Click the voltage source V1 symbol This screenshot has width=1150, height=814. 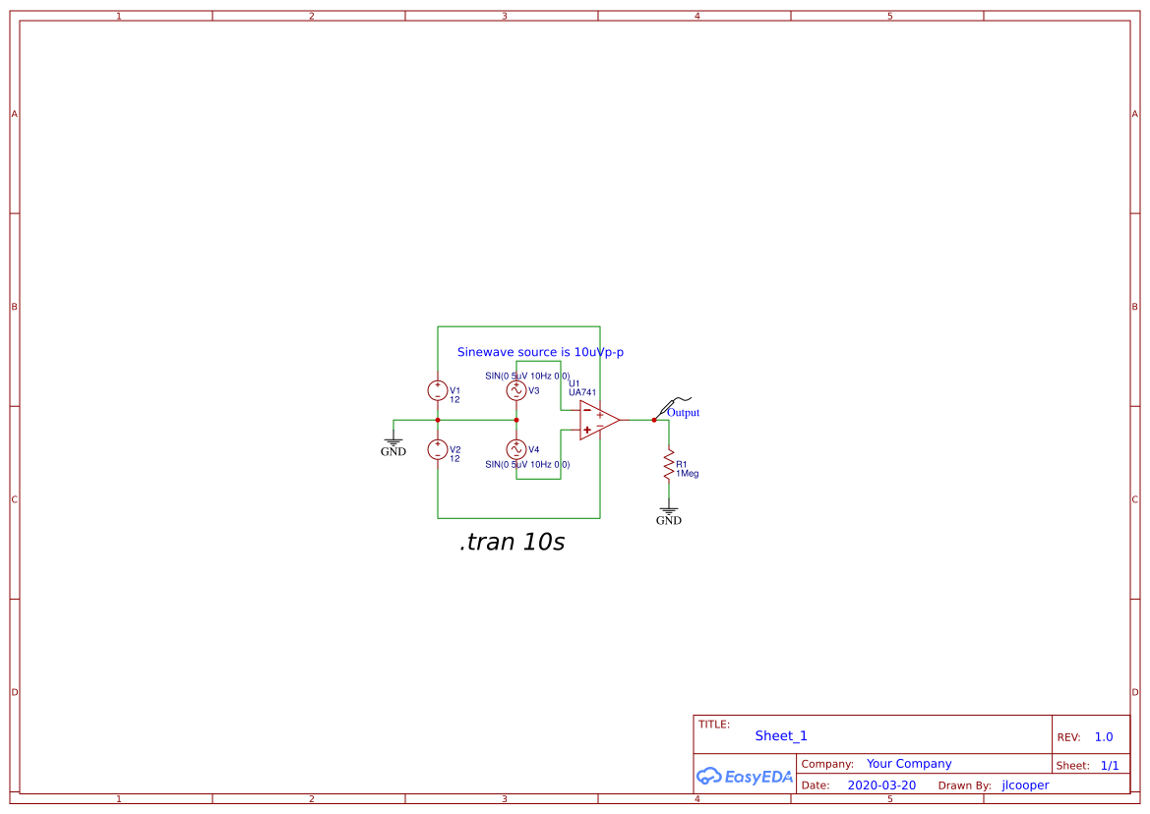coord(438,390)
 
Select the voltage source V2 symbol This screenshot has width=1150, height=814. coord(438,449)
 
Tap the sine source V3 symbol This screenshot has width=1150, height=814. coord(516,390)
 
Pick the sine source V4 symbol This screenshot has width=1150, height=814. coord(516,449)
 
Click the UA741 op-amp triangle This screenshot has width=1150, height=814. coord(597,420)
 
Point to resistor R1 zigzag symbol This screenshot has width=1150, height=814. coord(669,462)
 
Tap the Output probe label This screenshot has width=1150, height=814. coord(683,413)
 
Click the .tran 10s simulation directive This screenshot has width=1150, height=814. coord(512,542)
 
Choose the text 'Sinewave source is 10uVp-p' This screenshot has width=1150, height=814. coord(540,352)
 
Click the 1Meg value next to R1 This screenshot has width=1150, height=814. coord(687,474)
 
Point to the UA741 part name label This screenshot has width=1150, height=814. coord(582,392)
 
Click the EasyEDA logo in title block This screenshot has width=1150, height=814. coord(745,776)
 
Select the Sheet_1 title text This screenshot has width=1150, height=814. coord(781,735)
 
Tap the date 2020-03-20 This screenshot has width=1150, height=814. coord(881,785)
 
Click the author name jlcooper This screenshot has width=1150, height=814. coord(1025,785)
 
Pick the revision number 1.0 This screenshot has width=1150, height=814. coord(1104,737)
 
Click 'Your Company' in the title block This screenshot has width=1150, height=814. coord(909,764)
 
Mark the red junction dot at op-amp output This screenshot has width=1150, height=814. coord(654,420)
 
